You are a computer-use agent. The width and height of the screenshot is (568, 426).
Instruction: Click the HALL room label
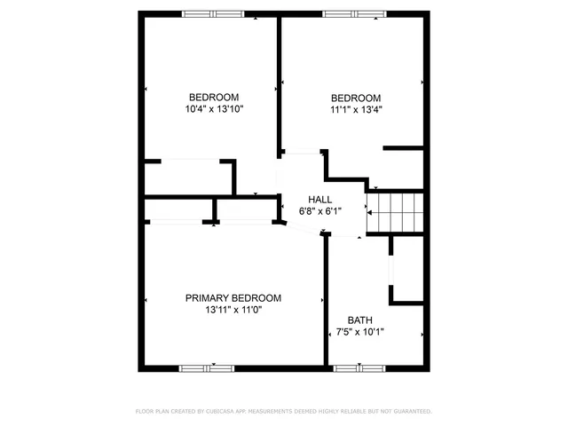pyautogui.click(x=319, y=199)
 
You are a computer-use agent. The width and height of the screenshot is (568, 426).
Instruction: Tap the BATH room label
pyautogui.click(x=359, y=320)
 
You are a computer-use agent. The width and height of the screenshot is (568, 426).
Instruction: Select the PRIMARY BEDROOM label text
pyautogui.click(x=233, y=298)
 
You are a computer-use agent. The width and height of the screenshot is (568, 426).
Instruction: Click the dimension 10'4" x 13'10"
pyautogui.click(x=214, y=109)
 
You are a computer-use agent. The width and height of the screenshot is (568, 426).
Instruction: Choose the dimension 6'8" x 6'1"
pyautogui.click(x=319, y=211)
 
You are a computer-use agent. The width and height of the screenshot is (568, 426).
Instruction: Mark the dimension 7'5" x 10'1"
pyautogui.click(x=359, y=333)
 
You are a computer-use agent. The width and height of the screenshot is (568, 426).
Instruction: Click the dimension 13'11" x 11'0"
pyautogui.click(x=233, y=311)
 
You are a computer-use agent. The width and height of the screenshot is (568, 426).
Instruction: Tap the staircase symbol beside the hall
pyautogui.click(x=397, y=213)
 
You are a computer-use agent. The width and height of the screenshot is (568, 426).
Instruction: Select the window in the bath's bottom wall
pyautogui.click(x=359, y=367)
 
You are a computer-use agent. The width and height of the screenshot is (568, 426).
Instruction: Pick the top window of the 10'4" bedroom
pyautogui.click(x=213, y=13)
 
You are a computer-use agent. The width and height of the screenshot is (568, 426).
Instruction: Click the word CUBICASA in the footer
pyautogui.click(x=225, y=412)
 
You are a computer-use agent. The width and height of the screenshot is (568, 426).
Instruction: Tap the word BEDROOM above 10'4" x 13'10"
pyautogui.click(x=214, y=97)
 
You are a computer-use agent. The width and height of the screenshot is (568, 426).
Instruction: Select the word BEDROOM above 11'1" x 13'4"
pyautogui.click(x=356, y=98)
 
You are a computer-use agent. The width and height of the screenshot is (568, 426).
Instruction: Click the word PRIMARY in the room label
pyautogui.click(x=205, y=298)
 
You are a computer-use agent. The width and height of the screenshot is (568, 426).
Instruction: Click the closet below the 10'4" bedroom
pyautogui.click(x=188, y=177)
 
